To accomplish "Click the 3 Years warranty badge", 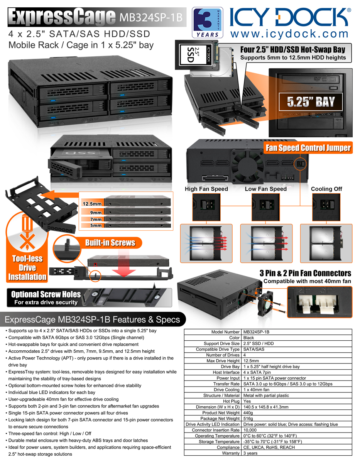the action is [x=208, y=23].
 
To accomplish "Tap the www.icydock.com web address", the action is [x=289, y=34].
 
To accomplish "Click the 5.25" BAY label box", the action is [x=311, y=101].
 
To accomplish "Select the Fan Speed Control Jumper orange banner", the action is [x=308, y=148].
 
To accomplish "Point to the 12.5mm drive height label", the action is [x=92, y=204].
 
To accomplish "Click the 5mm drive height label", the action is [x=96, y=225].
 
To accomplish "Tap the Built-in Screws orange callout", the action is [x=110, y=243].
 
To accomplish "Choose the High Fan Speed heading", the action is [x=206, y=189].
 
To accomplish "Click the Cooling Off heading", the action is [x=326, y=189].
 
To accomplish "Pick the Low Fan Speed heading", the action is [x=265, y=189].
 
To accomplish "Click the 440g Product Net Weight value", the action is [x=248, y=413].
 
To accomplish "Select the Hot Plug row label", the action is [x=232, y=401].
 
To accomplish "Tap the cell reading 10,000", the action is [x=250, y=430].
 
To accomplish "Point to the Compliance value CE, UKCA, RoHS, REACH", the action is [x=269, y=447].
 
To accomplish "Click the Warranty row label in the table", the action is [x=231, y=453].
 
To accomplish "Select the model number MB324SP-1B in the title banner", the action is [x=151, y=17].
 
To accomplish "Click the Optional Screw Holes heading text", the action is [x=46, y=294].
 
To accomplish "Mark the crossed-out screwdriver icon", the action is [x=27, y=232].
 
